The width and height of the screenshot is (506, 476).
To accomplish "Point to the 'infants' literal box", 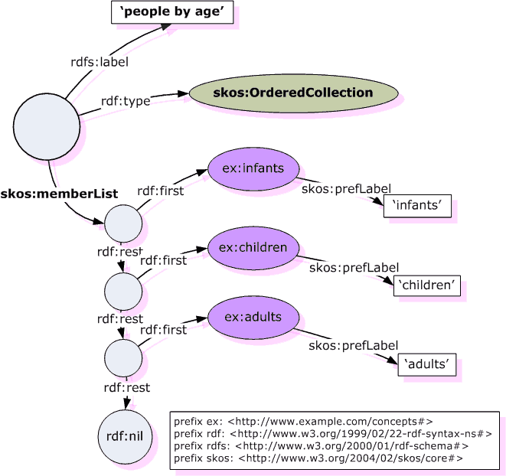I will coord(417,206).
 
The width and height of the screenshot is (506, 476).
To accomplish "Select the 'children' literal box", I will coord(429,285).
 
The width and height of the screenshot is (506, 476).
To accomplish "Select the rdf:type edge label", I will coord(126,100).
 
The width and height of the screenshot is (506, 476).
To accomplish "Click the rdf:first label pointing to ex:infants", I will coord(161,191).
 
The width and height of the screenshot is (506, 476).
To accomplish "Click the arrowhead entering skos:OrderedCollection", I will coord(183,94).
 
